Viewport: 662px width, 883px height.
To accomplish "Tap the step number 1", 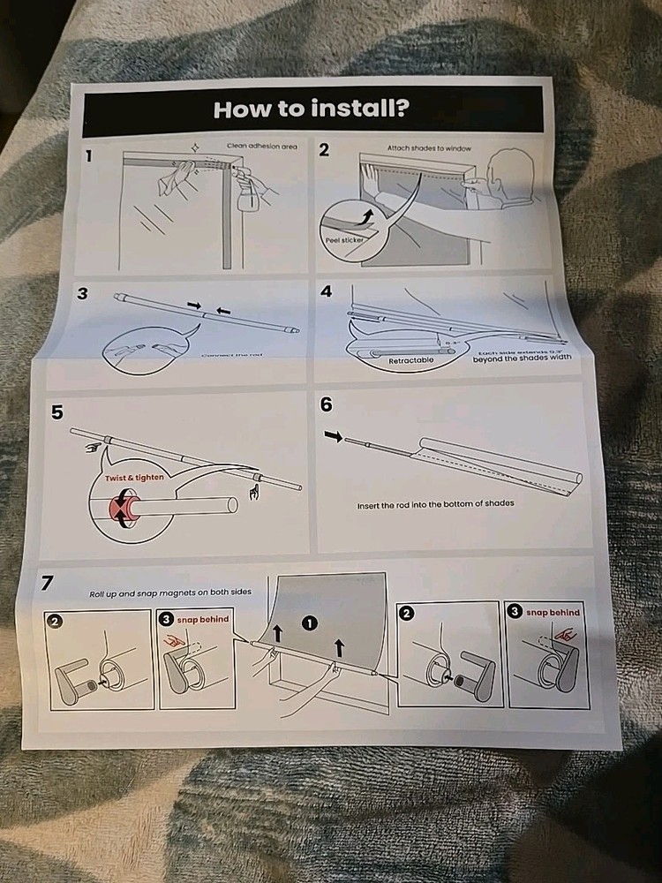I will click(89, 157).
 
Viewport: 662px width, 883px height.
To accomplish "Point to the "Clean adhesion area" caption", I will click(261, 146).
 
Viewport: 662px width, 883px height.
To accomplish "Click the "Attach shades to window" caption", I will click(429, 148).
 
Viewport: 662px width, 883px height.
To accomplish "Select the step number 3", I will click(82, 294).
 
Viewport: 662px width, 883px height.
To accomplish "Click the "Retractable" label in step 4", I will click(410, 360).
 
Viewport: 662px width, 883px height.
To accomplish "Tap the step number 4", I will click(327, 291).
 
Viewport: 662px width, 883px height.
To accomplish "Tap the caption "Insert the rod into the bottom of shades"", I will click(435, 504).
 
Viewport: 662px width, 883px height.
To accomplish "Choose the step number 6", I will click(327, 404).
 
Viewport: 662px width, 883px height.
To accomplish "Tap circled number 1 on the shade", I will click(309, 623).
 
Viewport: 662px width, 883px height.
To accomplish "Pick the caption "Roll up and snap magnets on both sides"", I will click(177, 593).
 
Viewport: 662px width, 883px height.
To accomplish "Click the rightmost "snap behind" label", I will click(553, 613).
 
